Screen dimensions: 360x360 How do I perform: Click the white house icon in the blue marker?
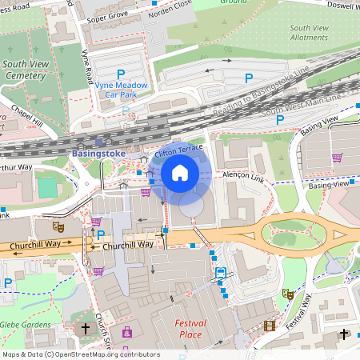click(180, 173)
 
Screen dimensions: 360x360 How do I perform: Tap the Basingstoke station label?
click(98, 153)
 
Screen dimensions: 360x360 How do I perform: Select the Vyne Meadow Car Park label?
click(121, 88)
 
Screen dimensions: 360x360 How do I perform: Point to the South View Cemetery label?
click(24, 70)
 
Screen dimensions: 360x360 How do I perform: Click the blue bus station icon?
click(220, 273)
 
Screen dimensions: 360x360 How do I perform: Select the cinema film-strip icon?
click(269, 326)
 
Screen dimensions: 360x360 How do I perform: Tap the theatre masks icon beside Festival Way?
click(287, 294)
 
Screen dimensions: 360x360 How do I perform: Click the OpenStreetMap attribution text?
click(80, 354)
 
